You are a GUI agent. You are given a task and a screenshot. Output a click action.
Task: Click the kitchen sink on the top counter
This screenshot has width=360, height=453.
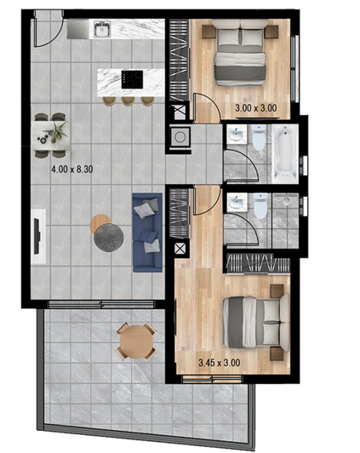point(102,31)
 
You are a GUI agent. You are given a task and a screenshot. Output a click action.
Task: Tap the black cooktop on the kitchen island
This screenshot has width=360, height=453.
point(133,77)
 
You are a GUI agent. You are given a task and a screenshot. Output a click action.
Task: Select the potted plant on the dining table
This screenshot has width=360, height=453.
point(58,130)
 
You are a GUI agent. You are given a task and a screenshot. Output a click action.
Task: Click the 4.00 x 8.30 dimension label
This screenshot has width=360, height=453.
point(71,169)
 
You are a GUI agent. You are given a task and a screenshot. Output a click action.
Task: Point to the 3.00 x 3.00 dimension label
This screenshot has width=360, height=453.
point(255,109)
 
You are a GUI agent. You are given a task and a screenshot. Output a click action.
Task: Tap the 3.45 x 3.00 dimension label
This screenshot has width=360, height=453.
point(219,363)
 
